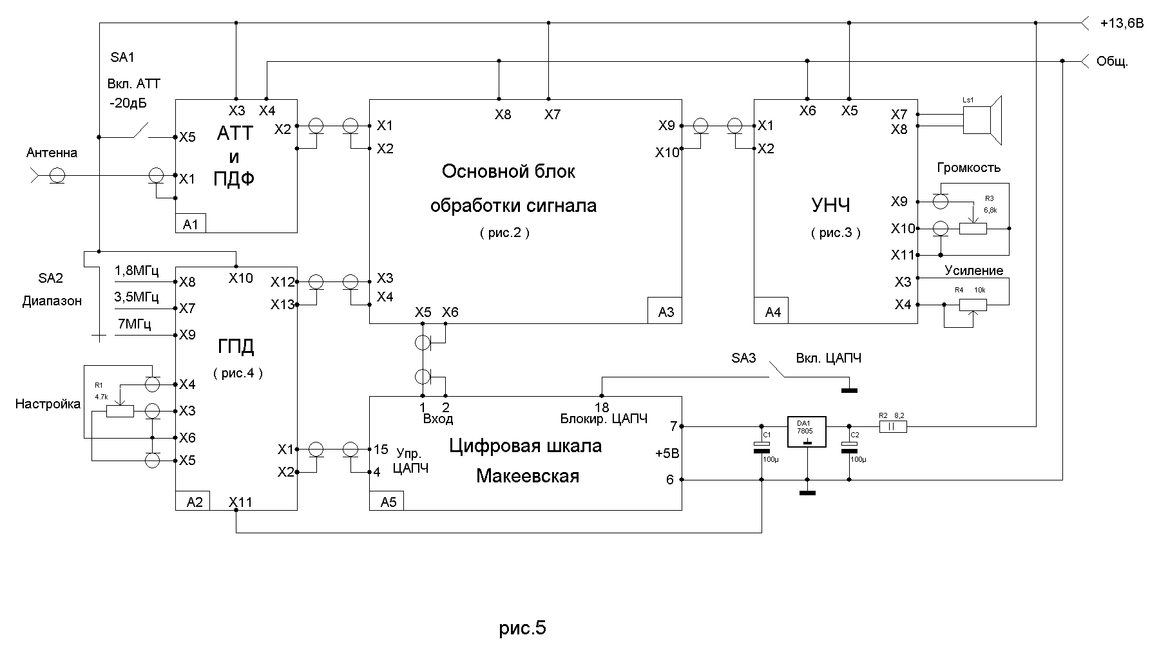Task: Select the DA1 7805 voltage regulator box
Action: (807, 432)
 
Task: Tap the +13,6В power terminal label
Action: (1122, 24)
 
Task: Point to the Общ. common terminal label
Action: (1112, 62)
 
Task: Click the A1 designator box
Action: (191, 223)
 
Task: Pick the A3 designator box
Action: (666, 312)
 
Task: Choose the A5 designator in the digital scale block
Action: (388, 502)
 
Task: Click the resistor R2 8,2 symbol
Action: (893, 426)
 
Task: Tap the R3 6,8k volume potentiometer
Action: (973, 228)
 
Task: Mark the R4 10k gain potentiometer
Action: (972, 303)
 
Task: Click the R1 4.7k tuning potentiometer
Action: (120, 410)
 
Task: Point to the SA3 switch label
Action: (743, 358)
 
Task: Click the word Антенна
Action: (52, 153)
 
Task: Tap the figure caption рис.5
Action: (522, 627)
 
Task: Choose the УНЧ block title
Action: (830, 205)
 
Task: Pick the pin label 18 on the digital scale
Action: (602, 408)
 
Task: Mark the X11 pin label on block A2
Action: (240, 502)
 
